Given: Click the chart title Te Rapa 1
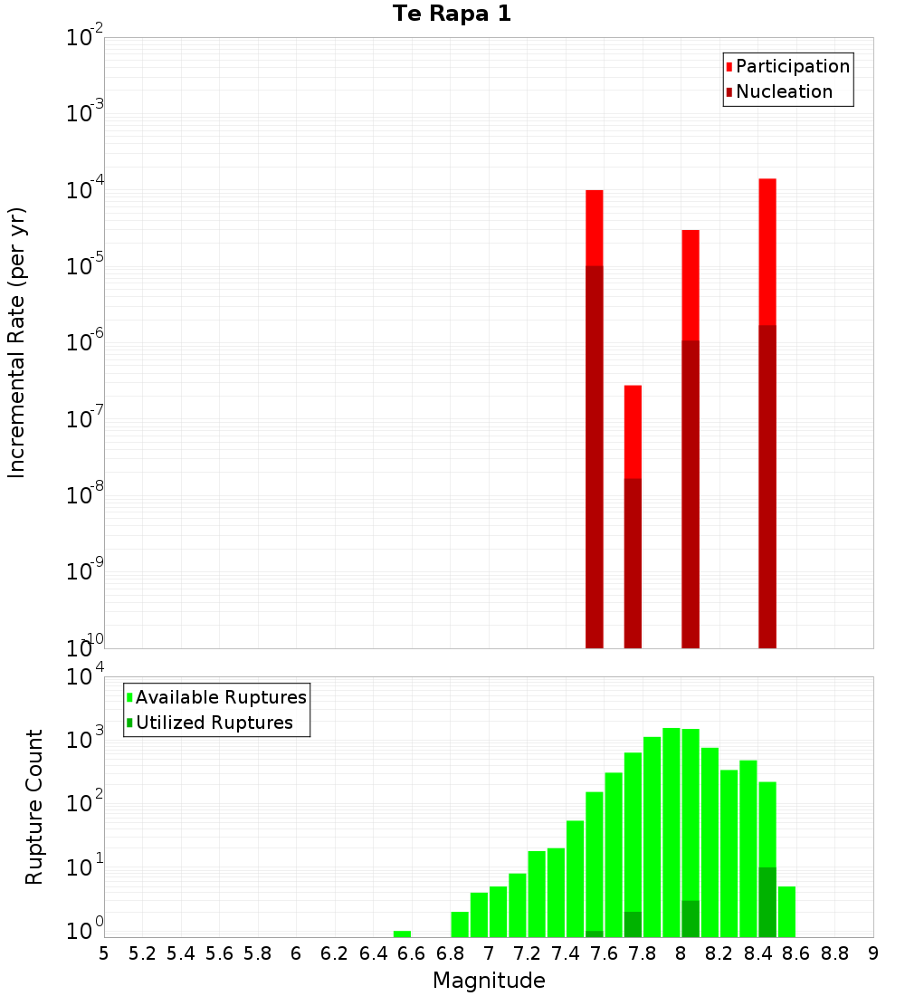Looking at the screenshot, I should tap(452, 14).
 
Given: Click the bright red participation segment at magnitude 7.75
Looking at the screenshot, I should tap(633, 430).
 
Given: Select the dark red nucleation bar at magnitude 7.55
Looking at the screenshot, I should tap(595, 453).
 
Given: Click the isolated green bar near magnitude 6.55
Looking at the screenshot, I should tap(402, 934).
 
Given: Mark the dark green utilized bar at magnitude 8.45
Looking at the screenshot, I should tap(767, 901).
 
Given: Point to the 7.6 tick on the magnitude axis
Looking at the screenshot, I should tap(604, 953).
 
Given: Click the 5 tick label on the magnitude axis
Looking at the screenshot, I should tap(104, 953).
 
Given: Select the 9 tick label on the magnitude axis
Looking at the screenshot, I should tap(872, 953).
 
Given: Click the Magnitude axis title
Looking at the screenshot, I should tap(489, 981).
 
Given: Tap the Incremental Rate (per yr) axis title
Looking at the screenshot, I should tap(17, 342).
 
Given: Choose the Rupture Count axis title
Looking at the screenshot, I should tap(34, 806).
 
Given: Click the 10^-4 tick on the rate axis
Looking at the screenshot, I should tap(85, 191).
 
